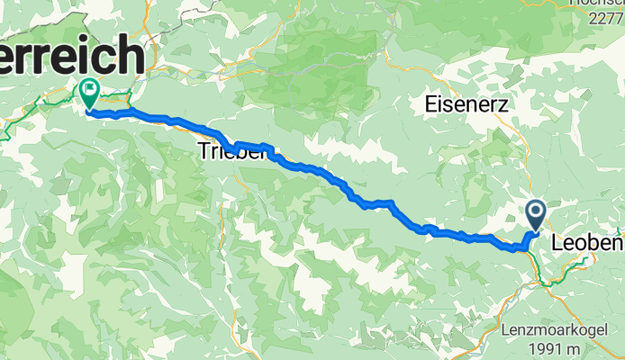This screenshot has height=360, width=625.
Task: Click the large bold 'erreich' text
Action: pyautogui.click(x=72, y=58)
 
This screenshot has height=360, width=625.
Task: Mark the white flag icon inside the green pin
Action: pyautogui.click(x=89, y=89)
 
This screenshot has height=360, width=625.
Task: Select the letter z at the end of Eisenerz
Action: pyautogui.click(x=503, y=105)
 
